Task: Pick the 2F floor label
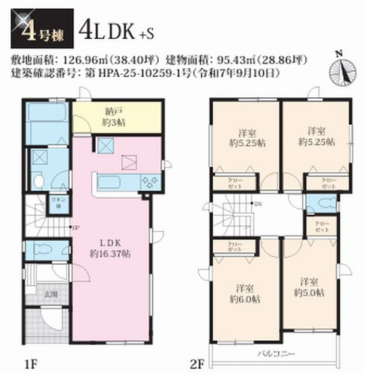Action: [197, 364]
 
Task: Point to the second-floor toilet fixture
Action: [320, 203]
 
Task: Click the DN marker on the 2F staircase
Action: [258, 203]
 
